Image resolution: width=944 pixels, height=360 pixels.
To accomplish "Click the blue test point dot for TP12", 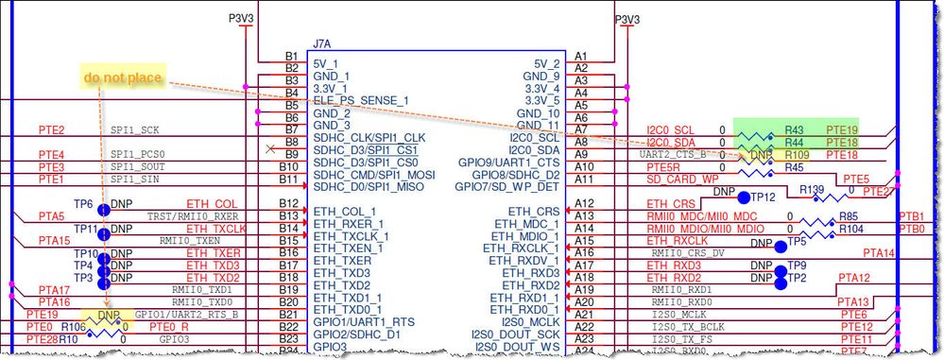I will click(744, 197).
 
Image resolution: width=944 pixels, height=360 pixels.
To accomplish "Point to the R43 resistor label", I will click(794, 129).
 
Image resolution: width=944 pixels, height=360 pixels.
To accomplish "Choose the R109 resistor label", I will click(798, 154).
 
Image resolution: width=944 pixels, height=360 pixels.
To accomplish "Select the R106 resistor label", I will click(73, 326).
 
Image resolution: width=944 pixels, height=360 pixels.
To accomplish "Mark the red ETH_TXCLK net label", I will click(211, 229).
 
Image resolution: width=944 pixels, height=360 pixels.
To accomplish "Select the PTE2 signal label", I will click(51, 129).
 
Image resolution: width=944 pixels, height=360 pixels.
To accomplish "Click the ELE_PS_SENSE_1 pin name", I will click(361, 100).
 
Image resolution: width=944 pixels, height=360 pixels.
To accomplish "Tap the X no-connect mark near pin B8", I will click(273, 147).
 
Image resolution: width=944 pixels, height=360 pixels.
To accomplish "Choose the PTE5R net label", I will click(662, 166).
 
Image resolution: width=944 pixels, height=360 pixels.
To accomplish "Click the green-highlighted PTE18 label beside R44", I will click(842, 142).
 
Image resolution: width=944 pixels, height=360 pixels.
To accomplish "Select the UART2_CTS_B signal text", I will click(674, 154).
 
